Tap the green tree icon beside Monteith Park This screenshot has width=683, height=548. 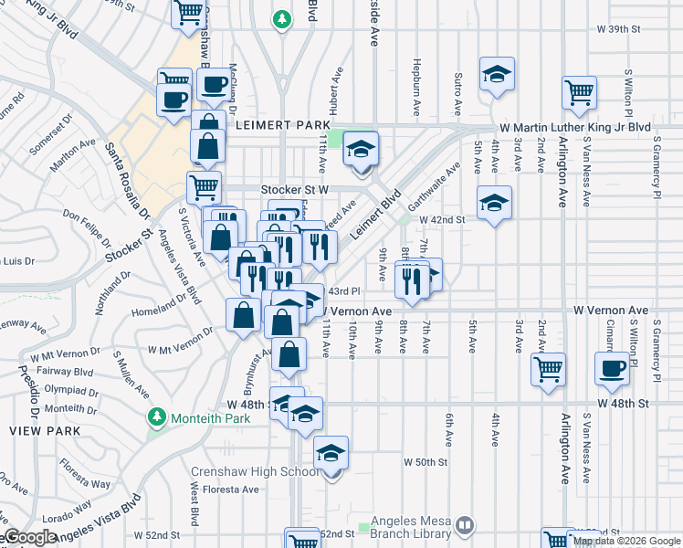157,417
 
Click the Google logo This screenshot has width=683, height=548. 30,538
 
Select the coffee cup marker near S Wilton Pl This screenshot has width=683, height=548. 612,369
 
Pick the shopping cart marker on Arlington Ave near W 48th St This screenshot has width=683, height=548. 549,369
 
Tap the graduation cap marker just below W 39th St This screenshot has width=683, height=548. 497,75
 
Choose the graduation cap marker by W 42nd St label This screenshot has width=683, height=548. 494,203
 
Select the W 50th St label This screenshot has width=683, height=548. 425,462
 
